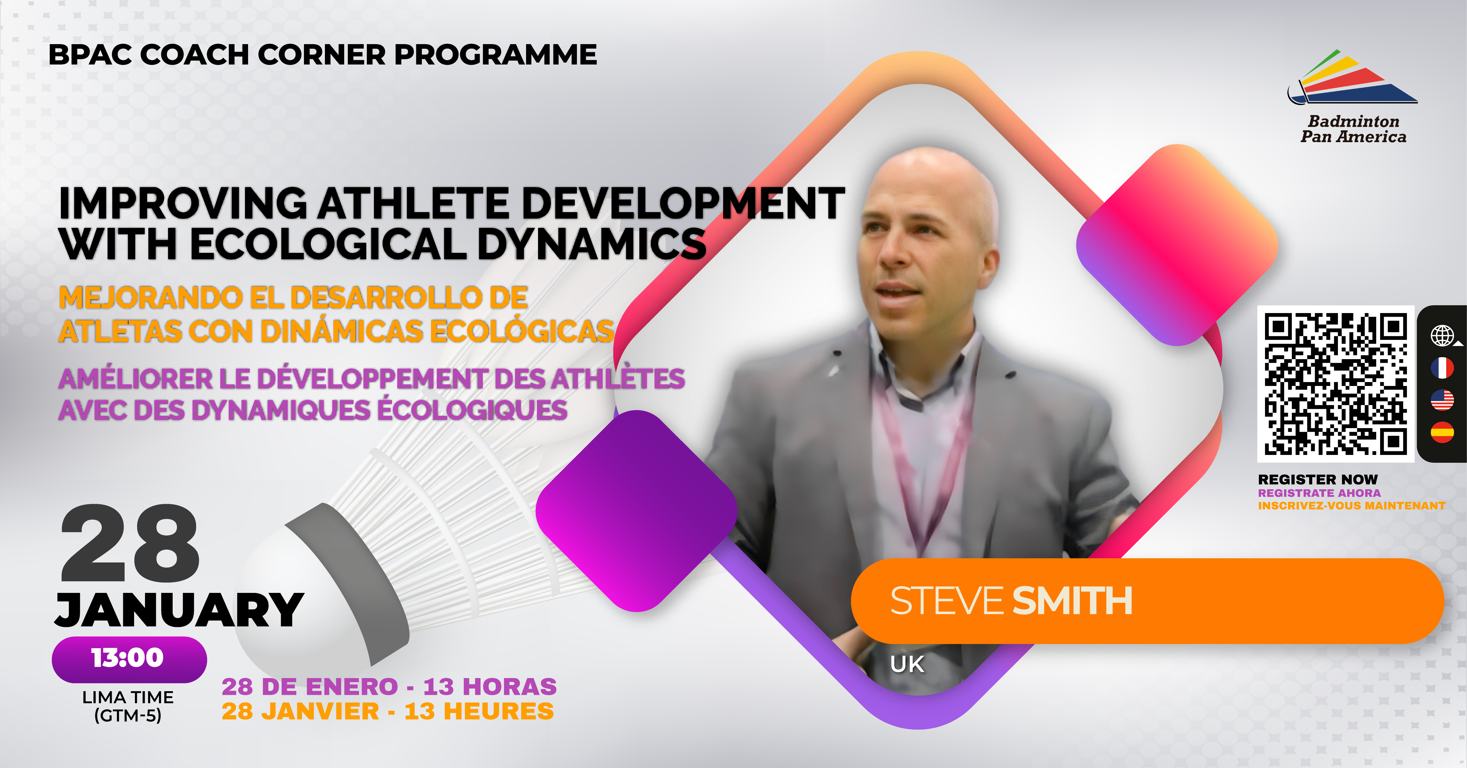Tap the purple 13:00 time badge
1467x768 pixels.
(x=129, y=659)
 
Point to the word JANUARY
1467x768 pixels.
(x=179, y=610)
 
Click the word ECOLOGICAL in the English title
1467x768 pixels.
(x=328, y=244)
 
